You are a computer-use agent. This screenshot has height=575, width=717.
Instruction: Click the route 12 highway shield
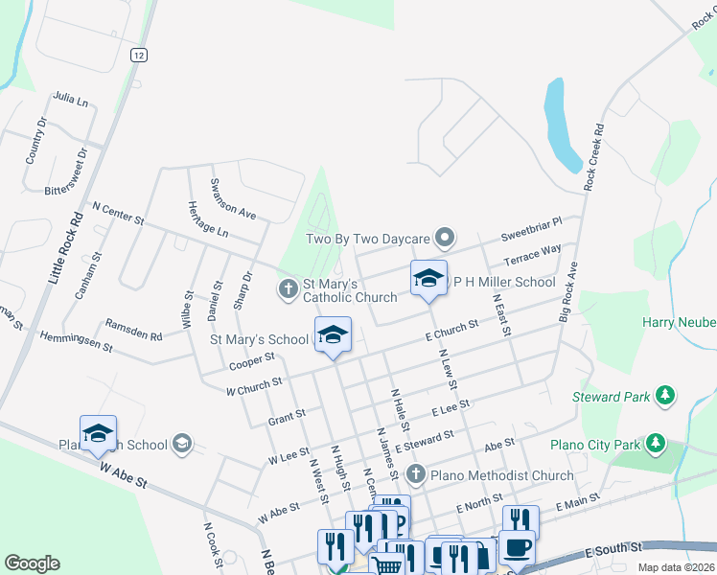140,56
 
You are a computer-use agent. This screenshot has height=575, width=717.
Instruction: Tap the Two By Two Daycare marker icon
444,236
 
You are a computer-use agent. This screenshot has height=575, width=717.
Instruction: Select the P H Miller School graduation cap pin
428,279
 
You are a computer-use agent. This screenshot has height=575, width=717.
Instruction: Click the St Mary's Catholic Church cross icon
287,287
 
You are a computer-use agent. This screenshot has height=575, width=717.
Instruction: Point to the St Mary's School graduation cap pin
333,334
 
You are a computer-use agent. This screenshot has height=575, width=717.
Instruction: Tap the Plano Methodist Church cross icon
415,473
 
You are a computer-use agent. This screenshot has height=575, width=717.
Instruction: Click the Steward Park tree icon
663,395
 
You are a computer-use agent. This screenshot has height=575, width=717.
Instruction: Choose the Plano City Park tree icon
655,443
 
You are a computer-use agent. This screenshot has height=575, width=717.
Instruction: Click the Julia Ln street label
70,99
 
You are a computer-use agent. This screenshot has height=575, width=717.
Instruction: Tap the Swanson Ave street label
233,198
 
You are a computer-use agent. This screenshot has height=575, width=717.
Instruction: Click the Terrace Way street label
532,257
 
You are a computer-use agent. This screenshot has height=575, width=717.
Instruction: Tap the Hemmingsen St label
76,340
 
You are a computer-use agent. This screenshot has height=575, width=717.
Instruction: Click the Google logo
32,563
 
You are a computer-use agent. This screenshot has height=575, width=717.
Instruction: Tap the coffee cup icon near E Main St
517,546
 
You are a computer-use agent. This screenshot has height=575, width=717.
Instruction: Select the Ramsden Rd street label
133,329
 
